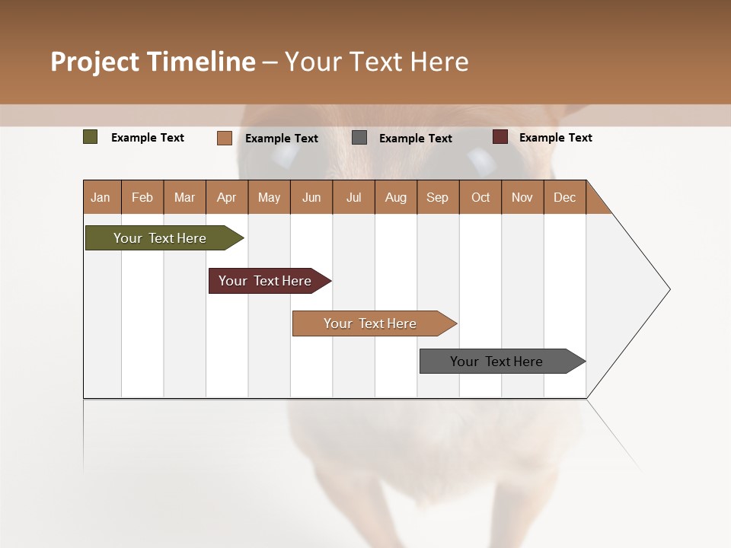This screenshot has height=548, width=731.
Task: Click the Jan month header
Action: (101, 197)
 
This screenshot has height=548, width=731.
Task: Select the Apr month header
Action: (226, 197)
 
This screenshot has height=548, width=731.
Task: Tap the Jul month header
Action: (353, 197)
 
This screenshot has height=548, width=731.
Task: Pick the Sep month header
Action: (437, 197)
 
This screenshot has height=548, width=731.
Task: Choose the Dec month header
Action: (564, 197)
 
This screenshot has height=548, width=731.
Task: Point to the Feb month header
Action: (142, 197)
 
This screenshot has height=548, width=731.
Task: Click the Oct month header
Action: (480, 197)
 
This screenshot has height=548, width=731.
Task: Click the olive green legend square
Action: (91, 137)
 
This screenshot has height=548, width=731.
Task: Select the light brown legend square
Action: (225, 138)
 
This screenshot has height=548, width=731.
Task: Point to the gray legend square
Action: (359, 138)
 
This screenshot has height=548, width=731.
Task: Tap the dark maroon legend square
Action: (500, 137)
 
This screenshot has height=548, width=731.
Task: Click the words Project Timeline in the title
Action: (153, 62)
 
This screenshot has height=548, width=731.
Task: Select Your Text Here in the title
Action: (376, 62)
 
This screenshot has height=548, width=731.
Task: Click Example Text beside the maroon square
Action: (555, 138)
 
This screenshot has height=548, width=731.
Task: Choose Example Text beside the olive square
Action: (148, 138)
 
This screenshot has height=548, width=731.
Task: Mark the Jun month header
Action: (311, 197)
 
